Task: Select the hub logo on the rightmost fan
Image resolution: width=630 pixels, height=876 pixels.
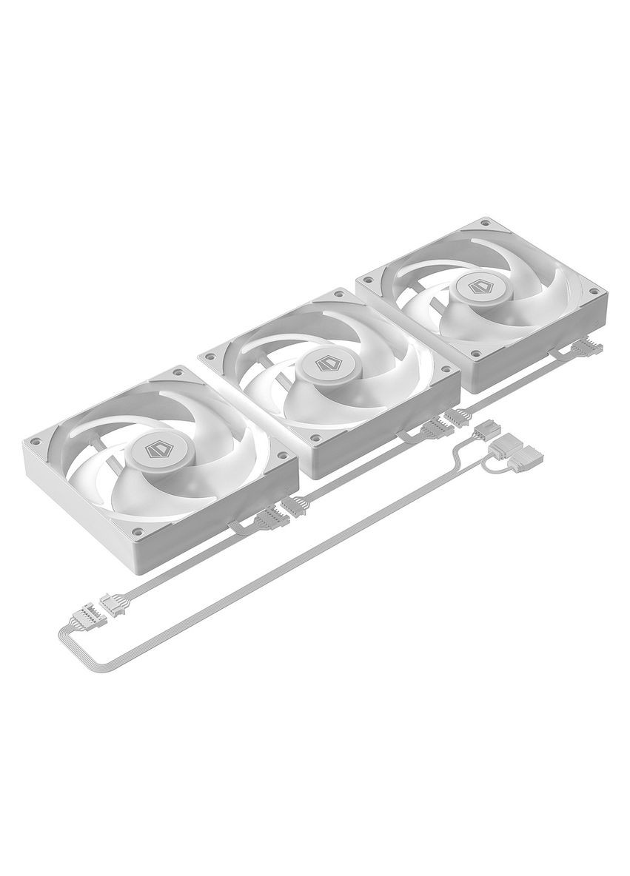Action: coord(479,287)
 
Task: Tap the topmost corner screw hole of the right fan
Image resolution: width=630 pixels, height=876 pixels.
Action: coord(485,221)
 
